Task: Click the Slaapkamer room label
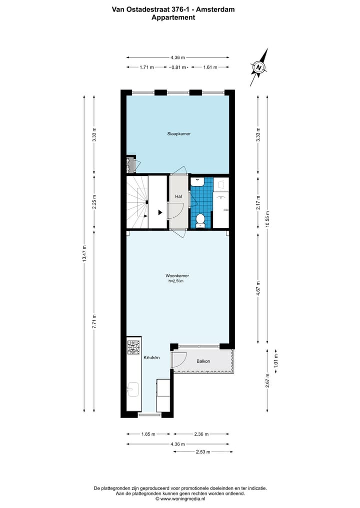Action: coord(178,134)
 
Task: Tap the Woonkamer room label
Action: coord(177,276)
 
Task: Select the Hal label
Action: coord(178,197)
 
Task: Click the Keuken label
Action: coord(151,358)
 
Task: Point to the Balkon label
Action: coord(203,361)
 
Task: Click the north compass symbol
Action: coord(259,67)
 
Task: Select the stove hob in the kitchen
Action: coord(133,348)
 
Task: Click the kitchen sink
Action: coord(133,389)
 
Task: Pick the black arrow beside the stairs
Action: coord(160,212)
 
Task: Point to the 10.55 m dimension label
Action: coord(267,217)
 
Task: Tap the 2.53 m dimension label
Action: coord(203,452)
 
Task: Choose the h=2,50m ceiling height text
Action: coord(177,281)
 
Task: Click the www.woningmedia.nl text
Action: coord(180,499)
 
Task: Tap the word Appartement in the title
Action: coord(173,17)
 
